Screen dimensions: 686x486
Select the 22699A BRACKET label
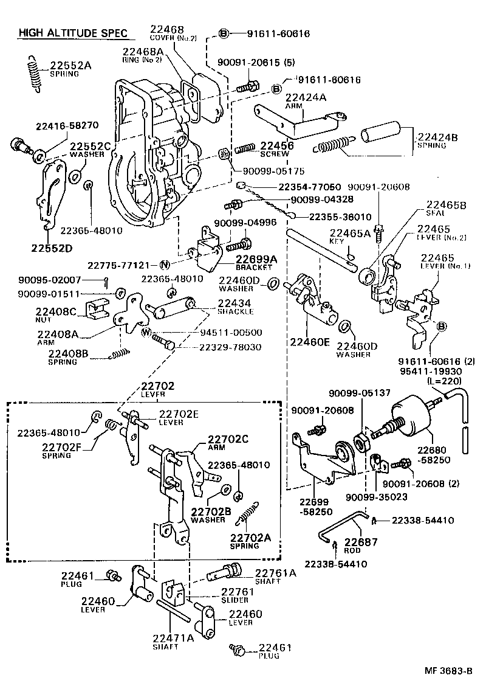(x=256, y=263)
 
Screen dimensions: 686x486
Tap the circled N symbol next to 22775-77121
(x=165, y=265)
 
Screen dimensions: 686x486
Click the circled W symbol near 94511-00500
(x=146, y=332)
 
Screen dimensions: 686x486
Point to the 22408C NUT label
(x=56, y=315)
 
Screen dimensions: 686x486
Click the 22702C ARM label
(x=228, y=442)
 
